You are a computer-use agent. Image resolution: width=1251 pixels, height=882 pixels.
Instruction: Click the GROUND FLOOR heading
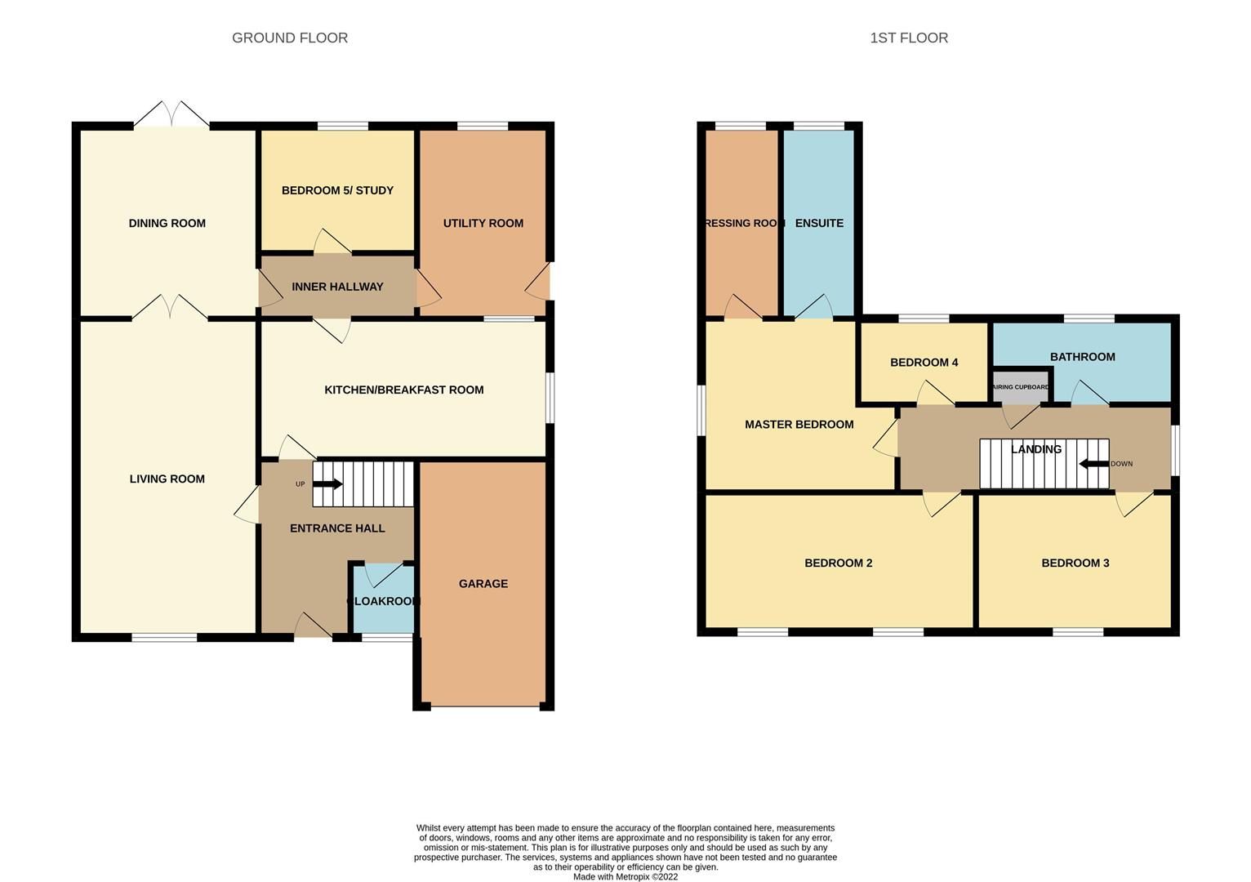[x=290, y=38]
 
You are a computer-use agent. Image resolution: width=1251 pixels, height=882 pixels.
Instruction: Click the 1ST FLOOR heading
[x=908, y=38]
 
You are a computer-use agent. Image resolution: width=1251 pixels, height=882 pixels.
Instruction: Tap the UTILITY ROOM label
[x=483, y=223]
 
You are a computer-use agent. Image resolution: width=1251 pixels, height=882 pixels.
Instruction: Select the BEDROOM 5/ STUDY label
[x=337, y=190]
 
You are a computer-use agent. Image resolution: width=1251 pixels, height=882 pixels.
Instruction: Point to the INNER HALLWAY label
[x=337, y=287]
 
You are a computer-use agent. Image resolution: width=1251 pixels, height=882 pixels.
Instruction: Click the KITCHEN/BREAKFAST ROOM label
[x=403, y=390]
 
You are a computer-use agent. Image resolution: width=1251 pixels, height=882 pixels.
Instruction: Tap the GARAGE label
[x=483, y=583]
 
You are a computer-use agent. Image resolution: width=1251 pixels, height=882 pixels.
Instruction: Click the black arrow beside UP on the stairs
[x=327, y=484]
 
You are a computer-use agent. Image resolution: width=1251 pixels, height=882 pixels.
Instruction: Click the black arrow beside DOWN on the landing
[x=1093, y=464]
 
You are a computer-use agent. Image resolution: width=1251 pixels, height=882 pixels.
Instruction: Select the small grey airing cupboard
[x=1019, y=387]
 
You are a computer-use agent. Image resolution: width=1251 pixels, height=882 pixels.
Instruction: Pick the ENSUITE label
[x=819, y=223]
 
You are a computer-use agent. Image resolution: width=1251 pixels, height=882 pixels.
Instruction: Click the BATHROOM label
[x=1082, y=357]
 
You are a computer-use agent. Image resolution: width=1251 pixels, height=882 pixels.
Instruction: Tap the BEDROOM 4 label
[x=924, y=363]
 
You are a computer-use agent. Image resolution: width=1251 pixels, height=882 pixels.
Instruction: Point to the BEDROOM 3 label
[x=1075, y=563]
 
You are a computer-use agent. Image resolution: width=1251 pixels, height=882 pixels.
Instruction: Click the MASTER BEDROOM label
[x=799, y=424]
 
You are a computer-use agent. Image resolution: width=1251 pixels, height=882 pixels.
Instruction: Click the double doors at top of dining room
[x=171, y=115]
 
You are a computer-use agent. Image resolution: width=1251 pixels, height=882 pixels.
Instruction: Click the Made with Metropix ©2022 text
[x=625, y=876]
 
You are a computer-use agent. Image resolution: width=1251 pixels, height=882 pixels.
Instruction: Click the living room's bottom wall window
[x=164, y=637]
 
